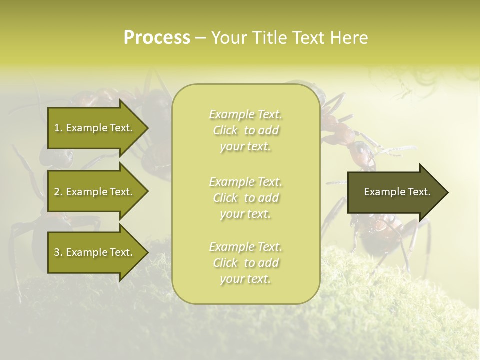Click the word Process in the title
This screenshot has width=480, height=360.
(x=157, y=38)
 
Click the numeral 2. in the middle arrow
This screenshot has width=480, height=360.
(x=58, y=192)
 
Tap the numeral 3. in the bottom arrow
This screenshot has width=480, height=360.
(x=58, y=252)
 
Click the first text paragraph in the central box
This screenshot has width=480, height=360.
(x=246, y=130)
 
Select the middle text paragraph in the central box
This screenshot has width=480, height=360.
(x=246, y=197)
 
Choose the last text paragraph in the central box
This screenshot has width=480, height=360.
(x=246, y=263)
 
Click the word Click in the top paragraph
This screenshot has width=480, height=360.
(x=225, y=130)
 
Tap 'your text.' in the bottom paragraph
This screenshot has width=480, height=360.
(x=245, y=279)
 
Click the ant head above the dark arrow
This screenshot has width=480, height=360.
(x=362, y=152)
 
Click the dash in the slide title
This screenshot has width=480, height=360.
(x=200, y=38)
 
